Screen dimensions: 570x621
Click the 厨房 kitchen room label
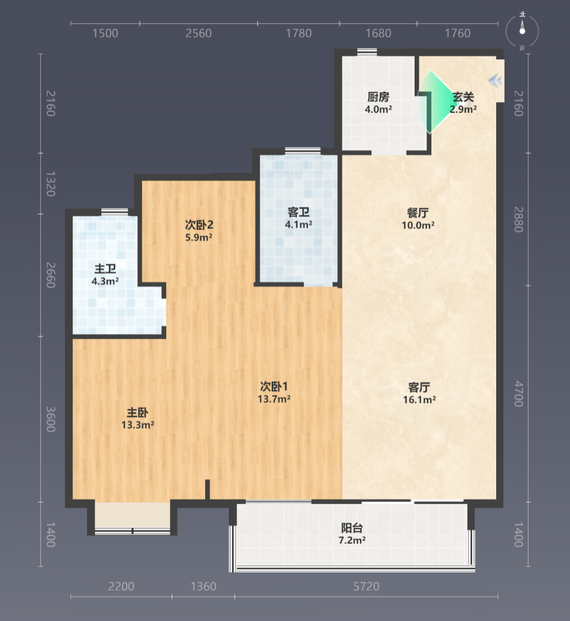coord(378,97)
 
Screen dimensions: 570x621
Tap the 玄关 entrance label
coord(463,97)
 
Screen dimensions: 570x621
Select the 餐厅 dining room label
coord(418,213)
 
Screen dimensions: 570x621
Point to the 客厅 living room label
coord(419,387)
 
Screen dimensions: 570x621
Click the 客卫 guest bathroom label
coord(298,212)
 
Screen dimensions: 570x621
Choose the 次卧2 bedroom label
coord(199,225)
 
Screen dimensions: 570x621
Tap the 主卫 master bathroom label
coord(105,269)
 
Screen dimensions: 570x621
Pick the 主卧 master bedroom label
coord(137,412)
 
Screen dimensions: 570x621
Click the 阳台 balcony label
coord(352,528)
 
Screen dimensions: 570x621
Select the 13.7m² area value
coord(274,399)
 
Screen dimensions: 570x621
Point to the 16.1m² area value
coord(419,400)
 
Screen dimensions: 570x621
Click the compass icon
coord(523,31)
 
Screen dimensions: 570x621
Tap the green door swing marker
coord(435,102)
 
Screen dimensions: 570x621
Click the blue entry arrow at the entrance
coord(495,81)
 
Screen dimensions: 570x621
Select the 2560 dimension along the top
coord(199,33)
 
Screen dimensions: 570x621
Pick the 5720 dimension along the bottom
coord(366,586)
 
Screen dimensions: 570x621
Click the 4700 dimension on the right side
coord(518,394)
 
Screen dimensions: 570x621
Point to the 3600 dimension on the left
coord(50,419)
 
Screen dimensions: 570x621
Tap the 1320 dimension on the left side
coord(50,184)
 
